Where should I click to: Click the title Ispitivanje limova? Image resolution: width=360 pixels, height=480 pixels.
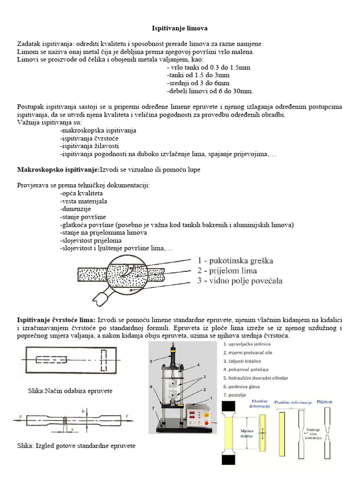point(180,29)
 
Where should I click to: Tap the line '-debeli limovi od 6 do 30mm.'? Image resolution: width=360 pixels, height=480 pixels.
point(210,91)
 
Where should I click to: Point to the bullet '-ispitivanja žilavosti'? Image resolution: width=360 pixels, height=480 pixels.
point(89,146)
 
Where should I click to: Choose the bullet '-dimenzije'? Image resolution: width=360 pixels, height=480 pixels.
point(75,209)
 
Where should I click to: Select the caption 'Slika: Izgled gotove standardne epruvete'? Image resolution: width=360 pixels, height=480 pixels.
point(76,446)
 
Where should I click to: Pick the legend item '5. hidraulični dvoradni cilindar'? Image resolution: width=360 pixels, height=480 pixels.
point(255,378)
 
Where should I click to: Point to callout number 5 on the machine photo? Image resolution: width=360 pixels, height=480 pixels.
point(151,361)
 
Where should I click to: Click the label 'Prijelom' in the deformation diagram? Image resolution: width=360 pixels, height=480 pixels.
point(327,401)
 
